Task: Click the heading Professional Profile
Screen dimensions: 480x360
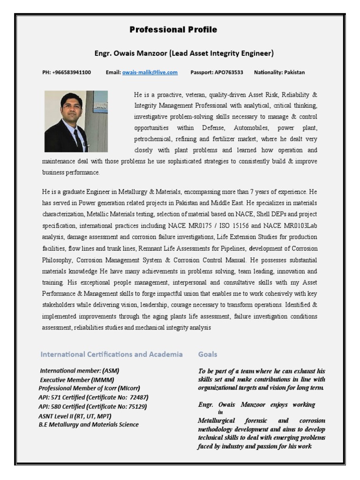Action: pyautogui.click(x=173, y=30)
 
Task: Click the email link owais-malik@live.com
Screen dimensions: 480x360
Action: pyautogui.click(x=150, y=72)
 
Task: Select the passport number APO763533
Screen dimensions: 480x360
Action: pyautogui.click(x=228, y=72)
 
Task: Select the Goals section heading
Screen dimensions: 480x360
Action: pyautogui.click(x=208, y=354)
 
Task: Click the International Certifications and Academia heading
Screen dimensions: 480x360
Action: pyautogui.click(x=112, y=354)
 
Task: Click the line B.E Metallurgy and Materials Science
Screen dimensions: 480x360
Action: pyautogui.click(x=89, y=425)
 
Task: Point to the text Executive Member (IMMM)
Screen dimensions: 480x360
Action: pyautogui.click(x=77, y=380)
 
